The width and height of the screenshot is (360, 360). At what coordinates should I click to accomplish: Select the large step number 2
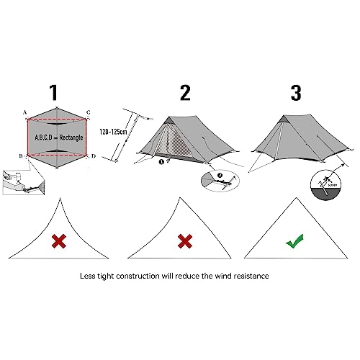point(184,93)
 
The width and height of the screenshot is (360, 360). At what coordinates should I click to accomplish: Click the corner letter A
point(25,112)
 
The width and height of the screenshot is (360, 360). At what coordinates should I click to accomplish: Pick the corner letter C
point(88,112)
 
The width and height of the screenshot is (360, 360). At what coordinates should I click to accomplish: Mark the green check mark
point(294,241)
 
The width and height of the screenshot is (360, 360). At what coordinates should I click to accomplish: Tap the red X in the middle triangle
point(184,241)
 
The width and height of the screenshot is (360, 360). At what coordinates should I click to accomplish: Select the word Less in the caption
point(90,275)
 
